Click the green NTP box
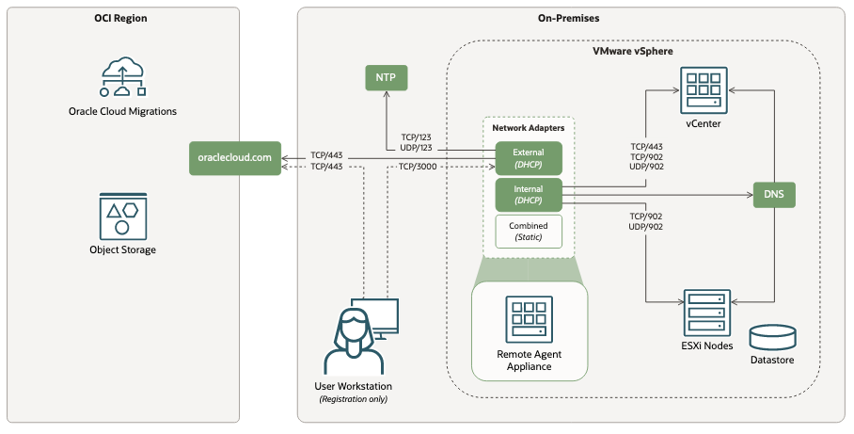point(386,78)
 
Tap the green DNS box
point(774,195)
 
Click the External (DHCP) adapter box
point(529,158)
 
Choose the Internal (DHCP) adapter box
point(529,195)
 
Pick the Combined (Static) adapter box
point(529,232)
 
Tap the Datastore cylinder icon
point(774,337)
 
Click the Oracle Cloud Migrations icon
point(123,77)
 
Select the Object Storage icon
point(123,216)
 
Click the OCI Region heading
point(121,19)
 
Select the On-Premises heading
point(569,19)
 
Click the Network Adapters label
point(528,127)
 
